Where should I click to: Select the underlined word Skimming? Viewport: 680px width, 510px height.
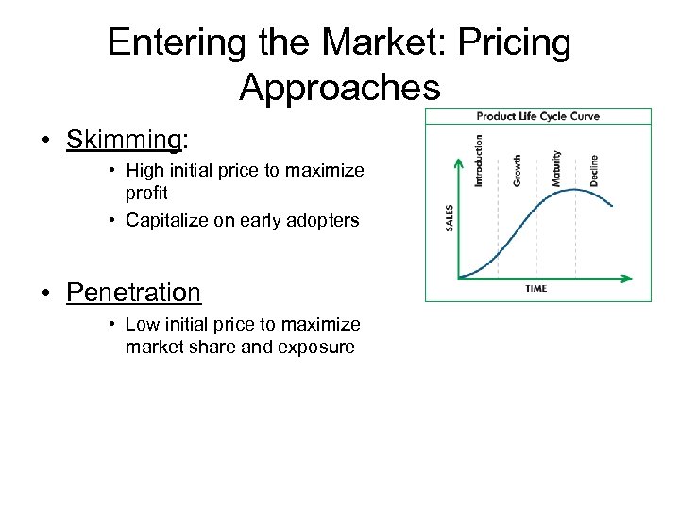[x=124, y=140]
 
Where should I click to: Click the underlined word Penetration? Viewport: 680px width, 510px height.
[x=133, y=292]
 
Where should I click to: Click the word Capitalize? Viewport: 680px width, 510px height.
[x=165, y=221]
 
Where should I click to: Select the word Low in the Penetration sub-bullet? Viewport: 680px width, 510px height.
[x=143, y=325]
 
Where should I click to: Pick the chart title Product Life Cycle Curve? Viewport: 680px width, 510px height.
[x=537, y=116]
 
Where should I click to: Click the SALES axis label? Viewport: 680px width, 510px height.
[x=449, y=217]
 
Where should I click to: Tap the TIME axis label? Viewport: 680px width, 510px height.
[x=535, y=289]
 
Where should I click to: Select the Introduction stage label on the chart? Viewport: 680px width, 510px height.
[x=478, y=158]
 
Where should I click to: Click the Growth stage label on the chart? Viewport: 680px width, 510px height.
[x=517, y=169]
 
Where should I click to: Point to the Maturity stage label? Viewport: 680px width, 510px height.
[x=556, y=167]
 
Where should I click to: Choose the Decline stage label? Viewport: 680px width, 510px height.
[x=594, y=169]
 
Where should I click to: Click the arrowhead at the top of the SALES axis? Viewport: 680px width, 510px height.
[x=458, y=162]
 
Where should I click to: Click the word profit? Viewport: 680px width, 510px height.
[x=146, y=193]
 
